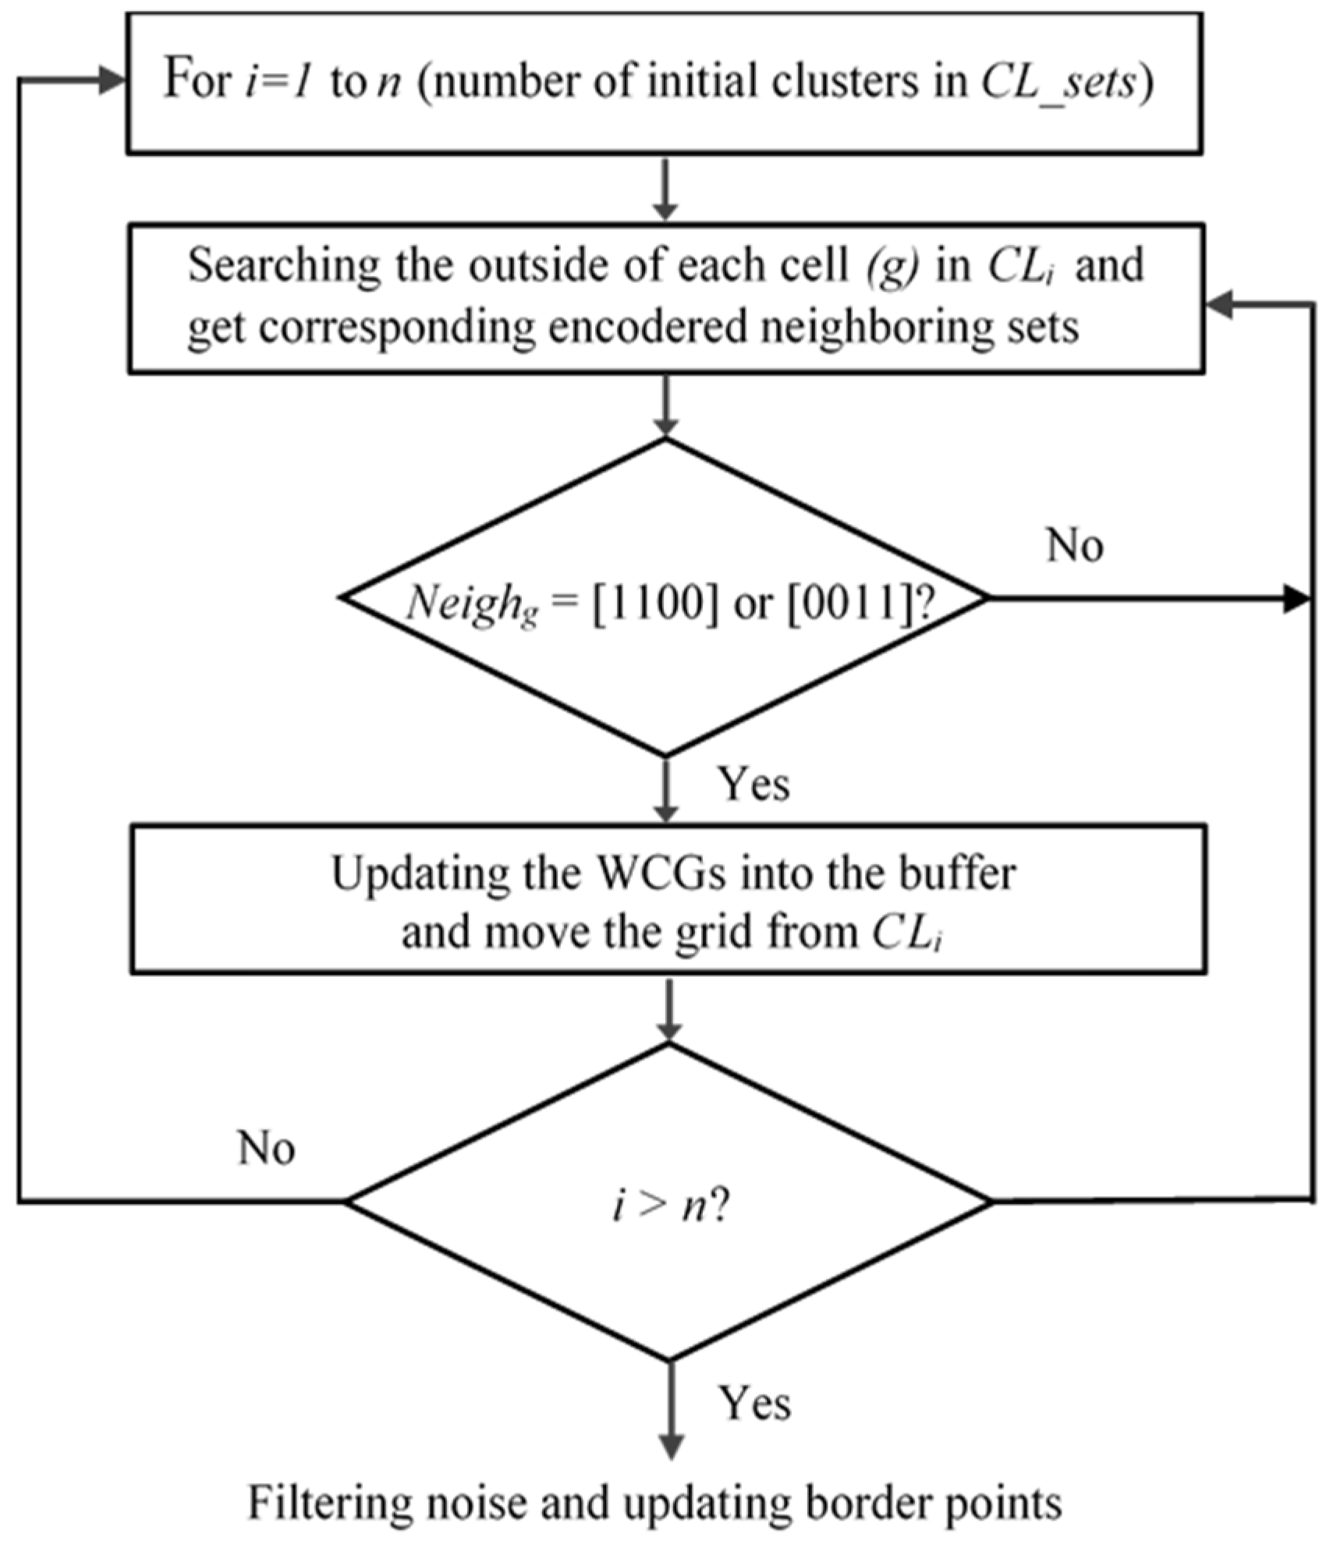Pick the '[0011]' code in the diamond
point(848,603)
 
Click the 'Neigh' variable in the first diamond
point(465,603)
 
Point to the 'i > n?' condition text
point(669,1206)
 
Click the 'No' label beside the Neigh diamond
point(1074,545)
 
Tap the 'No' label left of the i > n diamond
point(267,1149)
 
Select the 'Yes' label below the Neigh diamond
point(753,784)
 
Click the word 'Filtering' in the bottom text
point(329,1503)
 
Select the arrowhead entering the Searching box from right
point(1219,306)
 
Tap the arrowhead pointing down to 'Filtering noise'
point(671,1445)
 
